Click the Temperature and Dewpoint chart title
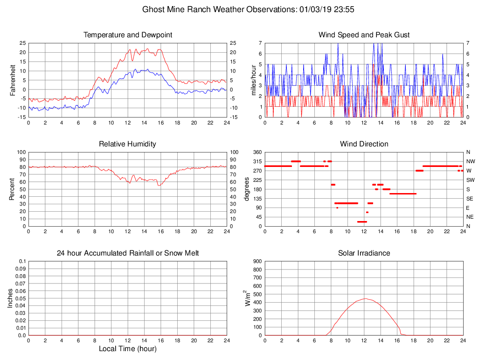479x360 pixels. [x=128, y=35]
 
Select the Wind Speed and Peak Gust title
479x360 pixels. [x=364, y=35]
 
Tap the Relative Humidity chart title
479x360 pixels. [x=127, y=144]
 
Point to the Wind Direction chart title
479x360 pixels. [x=364, y=144]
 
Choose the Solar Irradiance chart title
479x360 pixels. [x=364, y=253]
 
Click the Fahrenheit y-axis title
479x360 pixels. [x=13, y=80]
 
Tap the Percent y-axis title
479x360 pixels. [x=13, y=189]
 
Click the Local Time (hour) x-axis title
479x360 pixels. [x=127, y=349]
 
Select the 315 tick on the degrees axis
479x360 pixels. [x=257, y=161]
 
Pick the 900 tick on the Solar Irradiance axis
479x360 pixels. [x=257, y=261]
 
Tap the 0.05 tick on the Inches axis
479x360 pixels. [x=21, y=298]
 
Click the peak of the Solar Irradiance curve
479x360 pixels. [x=366, y=298]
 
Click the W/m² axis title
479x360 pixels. [x=247, y=298]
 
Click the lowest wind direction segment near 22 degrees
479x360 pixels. [x=362, y=222]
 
